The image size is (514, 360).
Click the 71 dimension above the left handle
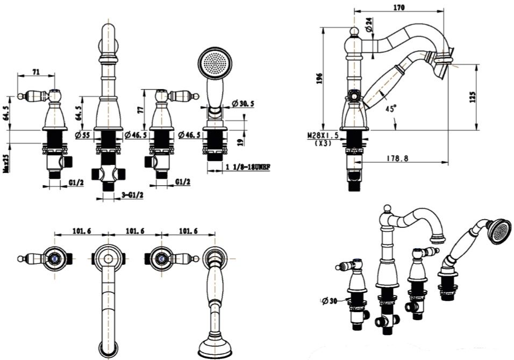click(x=36, y=71)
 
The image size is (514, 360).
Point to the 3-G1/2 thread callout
click(x=132, y=195)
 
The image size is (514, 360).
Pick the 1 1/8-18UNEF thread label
click(x=247, y=167)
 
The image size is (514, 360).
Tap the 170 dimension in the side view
click(x=399, y=8)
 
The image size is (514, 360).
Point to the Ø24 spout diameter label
click(x=369, y=24)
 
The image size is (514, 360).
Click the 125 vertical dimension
click(x=473, y=97)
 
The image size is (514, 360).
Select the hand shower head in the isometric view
click(x=498, y=229)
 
